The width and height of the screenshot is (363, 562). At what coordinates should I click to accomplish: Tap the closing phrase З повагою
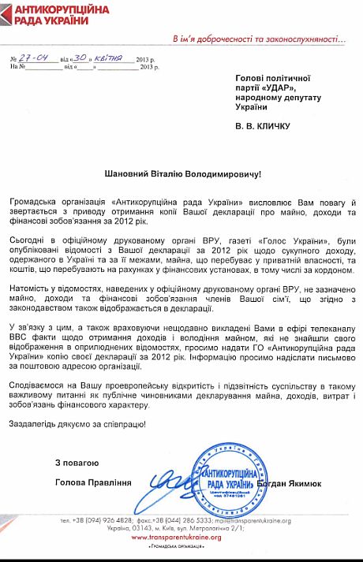76,461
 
